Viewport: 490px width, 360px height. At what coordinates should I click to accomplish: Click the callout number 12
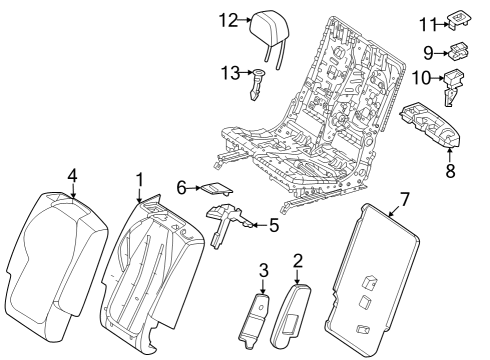coord(228,20)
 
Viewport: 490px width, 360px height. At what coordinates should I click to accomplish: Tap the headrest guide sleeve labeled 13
coord(257,84)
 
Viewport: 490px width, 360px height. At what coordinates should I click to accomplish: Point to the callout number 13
coord(230,72)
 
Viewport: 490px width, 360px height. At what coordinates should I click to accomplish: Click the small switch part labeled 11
coord(459,20)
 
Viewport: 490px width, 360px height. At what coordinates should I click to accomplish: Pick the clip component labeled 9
coord(459,51)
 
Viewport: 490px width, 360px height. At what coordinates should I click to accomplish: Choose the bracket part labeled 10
coord(453,86)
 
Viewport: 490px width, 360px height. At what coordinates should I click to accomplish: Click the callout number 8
coord(450,171)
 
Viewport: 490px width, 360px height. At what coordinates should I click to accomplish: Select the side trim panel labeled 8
coord(430,124)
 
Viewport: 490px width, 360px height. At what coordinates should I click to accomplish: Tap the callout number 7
coord(404,200)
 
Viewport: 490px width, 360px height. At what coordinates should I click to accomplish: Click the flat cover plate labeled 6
coord(216,188)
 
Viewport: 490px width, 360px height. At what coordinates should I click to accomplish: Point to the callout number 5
coord(273,225)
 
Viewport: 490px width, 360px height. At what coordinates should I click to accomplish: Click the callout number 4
coord(72,175)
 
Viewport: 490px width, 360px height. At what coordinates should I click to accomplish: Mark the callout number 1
coord(140,179)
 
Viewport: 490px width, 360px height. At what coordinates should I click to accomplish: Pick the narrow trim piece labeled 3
coord(255,321)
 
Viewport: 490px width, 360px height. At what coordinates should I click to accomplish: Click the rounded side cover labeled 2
coord(290,316)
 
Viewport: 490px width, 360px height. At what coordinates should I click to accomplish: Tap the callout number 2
coord(297,261)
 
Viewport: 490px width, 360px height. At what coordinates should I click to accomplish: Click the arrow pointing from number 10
coord(437,78)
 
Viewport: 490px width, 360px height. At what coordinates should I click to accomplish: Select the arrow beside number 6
coord(193,188)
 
